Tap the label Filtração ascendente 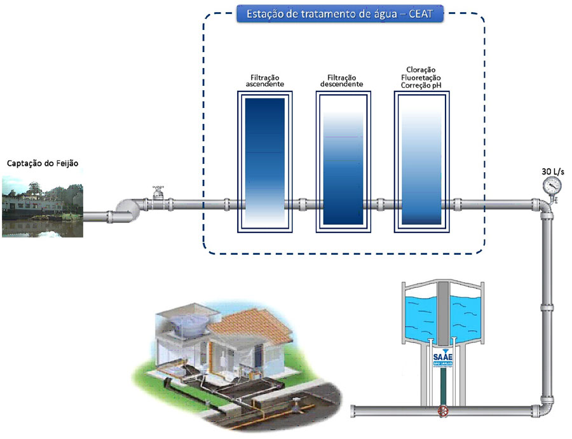(266, 80)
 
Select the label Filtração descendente (342, 80)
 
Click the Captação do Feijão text (43, 163)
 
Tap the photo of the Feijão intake (43, 206)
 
